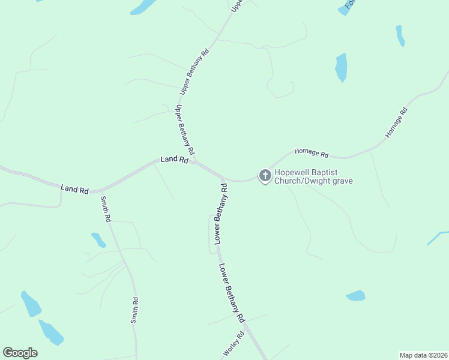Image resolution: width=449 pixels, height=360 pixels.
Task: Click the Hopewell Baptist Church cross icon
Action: [265, 176]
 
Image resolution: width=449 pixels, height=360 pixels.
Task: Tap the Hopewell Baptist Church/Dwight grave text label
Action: [313, 177]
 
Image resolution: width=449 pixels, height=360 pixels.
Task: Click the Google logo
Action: [20, 353]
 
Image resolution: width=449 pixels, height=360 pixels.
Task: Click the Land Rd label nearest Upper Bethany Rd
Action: [175, 160]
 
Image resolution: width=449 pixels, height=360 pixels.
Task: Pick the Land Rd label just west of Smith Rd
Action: [74, 189]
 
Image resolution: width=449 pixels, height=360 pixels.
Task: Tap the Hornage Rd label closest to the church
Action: [311, 154]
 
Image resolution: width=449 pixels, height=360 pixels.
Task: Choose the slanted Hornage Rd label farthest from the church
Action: [396, 122]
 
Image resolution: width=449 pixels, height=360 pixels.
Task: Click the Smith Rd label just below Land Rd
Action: [106, 209]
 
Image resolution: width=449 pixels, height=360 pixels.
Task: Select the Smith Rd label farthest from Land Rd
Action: [135, 311]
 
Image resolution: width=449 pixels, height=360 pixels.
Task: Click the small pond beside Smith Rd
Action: [98, 239]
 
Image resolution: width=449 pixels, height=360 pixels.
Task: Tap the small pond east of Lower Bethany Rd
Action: [355, 295]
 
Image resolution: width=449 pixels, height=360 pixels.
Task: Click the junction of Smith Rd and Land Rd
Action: [100, 190]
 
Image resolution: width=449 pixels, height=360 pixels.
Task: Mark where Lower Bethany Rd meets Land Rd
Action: [223, 179]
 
